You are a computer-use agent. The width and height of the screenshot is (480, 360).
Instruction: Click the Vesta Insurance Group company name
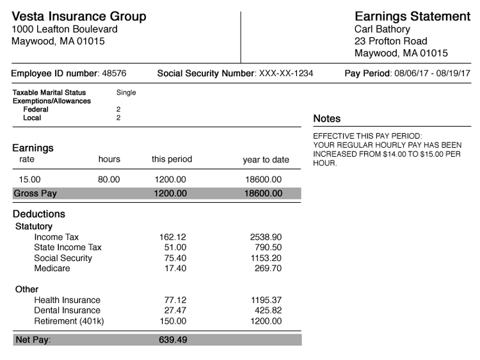tap(79, 17)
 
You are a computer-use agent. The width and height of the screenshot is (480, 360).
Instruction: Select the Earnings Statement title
tap(412, 17)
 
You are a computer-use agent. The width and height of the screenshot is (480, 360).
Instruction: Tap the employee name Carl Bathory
tap(382, 29)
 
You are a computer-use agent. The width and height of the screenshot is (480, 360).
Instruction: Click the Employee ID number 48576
tap(115, 74)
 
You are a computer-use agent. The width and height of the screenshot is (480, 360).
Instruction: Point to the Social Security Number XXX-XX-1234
tap(285, 74)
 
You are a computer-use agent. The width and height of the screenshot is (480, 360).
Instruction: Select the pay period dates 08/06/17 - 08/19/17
tap(432, 74)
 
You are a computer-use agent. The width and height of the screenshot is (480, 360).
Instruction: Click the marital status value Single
tap(126, 93)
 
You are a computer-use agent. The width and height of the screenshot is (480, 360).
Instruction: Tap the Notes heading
tap(327, 119)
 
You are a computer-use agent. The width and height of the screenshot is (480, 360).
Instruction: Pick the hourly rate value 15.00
tap(30, 180)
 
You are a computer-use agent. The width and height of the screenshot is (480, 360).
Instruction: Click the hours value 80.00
tap(109, 180)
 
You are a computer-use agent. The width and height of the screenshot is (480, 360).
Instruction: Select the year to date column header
tap(266, 160)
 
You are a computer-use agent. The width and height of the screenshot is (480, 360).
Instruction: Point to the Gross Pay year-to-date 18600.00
tap(263, 193)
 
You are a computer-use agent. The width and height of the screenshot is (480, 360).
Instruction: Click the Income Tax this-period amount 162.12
tap(173, 237)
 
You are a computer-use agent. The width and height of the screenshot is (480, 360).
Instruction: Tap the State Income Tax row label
tap(68, 247)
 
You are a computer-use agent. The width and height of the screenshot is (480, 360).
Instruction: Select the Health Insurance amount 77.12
tap(173, 300)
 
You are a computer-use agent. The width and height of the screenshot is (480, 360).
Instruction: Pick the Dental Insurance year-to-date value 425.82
tap(268, 311)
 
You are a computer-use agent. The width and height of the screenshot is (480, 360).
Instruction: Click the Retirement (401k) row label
tap(68, 321)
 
